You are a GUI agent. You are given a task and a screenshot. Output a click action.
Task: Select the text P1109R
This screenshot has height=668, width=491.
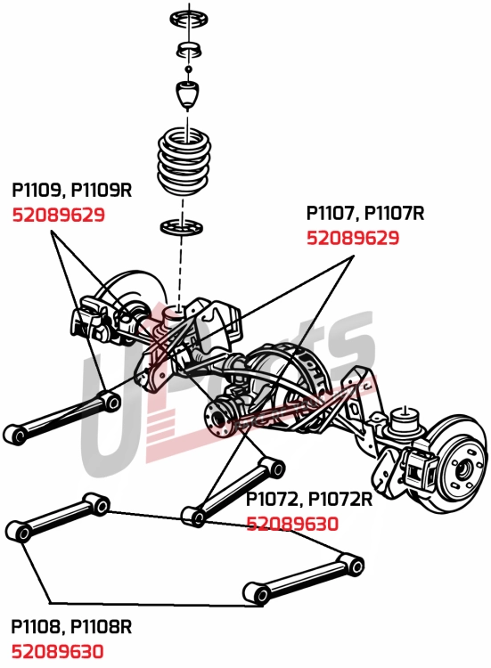(x=102, y=191)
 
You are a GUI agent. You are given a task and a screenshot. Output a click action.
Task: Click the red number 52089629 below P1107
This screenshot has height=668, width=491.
(x=353, y=238)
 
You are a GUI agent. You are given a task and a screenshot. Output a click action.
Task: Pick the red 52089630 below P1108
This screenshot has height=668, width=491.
(x=58, y=651)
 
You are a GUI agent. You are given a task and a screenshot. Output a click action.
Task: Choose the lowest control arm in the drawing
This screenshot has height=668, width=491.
(x=303, y=578)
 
